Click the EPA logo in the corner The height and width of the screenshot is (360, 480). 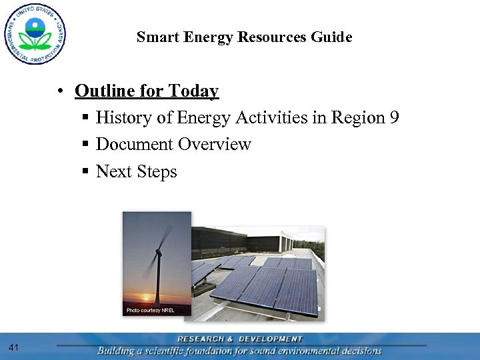[x=35, y=33]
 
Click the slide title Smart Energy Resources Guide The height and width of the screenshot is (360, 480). [x=244, y=37]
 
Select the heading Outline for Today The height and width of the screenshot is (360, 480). [x=147, y=91]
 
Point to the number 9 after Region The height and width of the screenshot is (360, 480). [x=395, y=118]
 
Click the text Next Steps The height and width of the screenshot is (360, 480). [x=137, y=172]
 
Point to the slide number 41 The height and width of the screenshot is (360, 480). [x=14, y=347]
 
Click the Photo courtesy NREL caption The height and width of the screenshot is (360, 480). [x=150, y=311]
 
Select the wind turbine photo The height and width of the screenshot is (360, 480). [x=157, y=263]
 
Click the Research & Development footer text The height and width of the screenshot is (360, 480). [x=240, y=339]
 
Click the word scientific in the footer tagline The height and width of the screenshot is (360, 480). [x=180, y=351]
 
